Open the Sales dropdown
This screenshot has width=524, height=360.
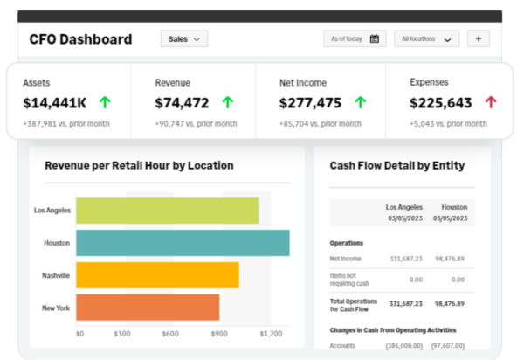point(183,38)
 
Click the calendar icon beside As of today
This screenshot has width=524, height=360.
point(375,38)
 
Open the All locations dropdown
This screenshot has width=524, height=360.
point(426,38)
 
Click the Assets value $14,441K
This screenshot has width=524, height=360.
point(55,103)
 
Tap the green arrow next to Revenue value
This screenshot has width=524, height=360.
point(228,102)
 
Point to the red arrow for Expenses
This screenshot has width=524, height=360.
point(491,102)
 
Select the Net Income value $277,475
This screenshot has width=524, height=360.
point(310,103)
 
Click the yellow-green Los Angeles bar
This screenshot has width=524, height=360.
point(167,211)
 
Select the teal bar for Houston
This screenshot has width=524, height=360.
point(183,243)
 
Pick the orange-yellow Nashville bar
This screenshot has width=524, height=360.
point(157,275)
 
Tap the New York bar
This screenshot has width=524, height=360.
point(148,308)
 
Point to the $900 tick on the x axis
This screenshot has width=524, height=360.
point(219,334)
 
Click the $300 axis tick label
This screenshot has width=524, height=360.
point(122,334)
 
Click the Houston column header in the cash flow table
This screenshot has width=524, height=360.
point(454,207)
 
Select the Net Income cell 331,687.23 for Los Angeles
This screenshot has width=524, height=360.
point(406,259)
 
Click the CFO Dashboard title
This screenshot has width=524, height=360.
point(80,39)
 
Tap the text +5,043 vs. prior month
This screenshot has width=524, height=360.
point(449,124)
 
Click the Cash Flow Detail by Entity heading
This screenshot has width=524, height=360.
point(397,165)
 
